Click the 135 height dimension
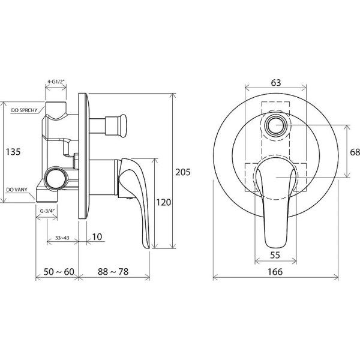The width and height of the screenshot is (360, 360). pos(13,152)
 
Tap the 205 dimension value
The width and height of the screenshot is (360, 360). pos(183,172)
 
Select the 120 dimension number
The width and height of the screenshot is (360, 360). pos(163,202)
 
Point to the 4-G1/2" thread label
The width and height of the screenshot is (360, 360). pos(56,82)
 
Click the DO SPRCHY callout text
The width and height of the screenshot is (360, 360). pos(24,110)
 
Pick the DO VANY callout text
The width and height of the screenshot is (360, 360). pos(17,190)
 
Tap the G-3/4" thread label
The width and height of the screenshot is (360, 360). pos(47,211)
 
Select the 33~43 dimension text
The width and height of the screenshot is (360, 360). pos(62,238)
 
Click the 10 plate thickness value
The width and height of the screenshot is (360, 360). pos(97,237)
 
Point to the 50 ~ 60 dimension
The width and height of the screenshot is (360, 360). pos(59,272)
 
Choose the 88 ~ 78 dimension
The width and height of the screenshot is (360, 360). pos(113,272)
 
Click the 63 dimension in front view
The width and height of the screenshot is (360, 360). pos(276,83)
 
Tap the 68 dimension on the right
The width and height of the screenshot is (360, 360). pos(355,152)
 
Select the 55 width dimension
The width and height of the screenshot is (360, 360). pos(275,255)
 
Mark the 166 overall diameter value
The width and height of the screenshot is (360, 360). pos(275,272)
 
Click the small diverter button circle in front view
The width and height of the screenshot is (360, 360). pos(275,125)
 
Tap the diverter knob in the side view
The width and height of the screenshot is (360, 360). pos(116,126)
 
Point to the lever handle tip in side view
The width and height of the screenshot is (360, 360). pos(148,247)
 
